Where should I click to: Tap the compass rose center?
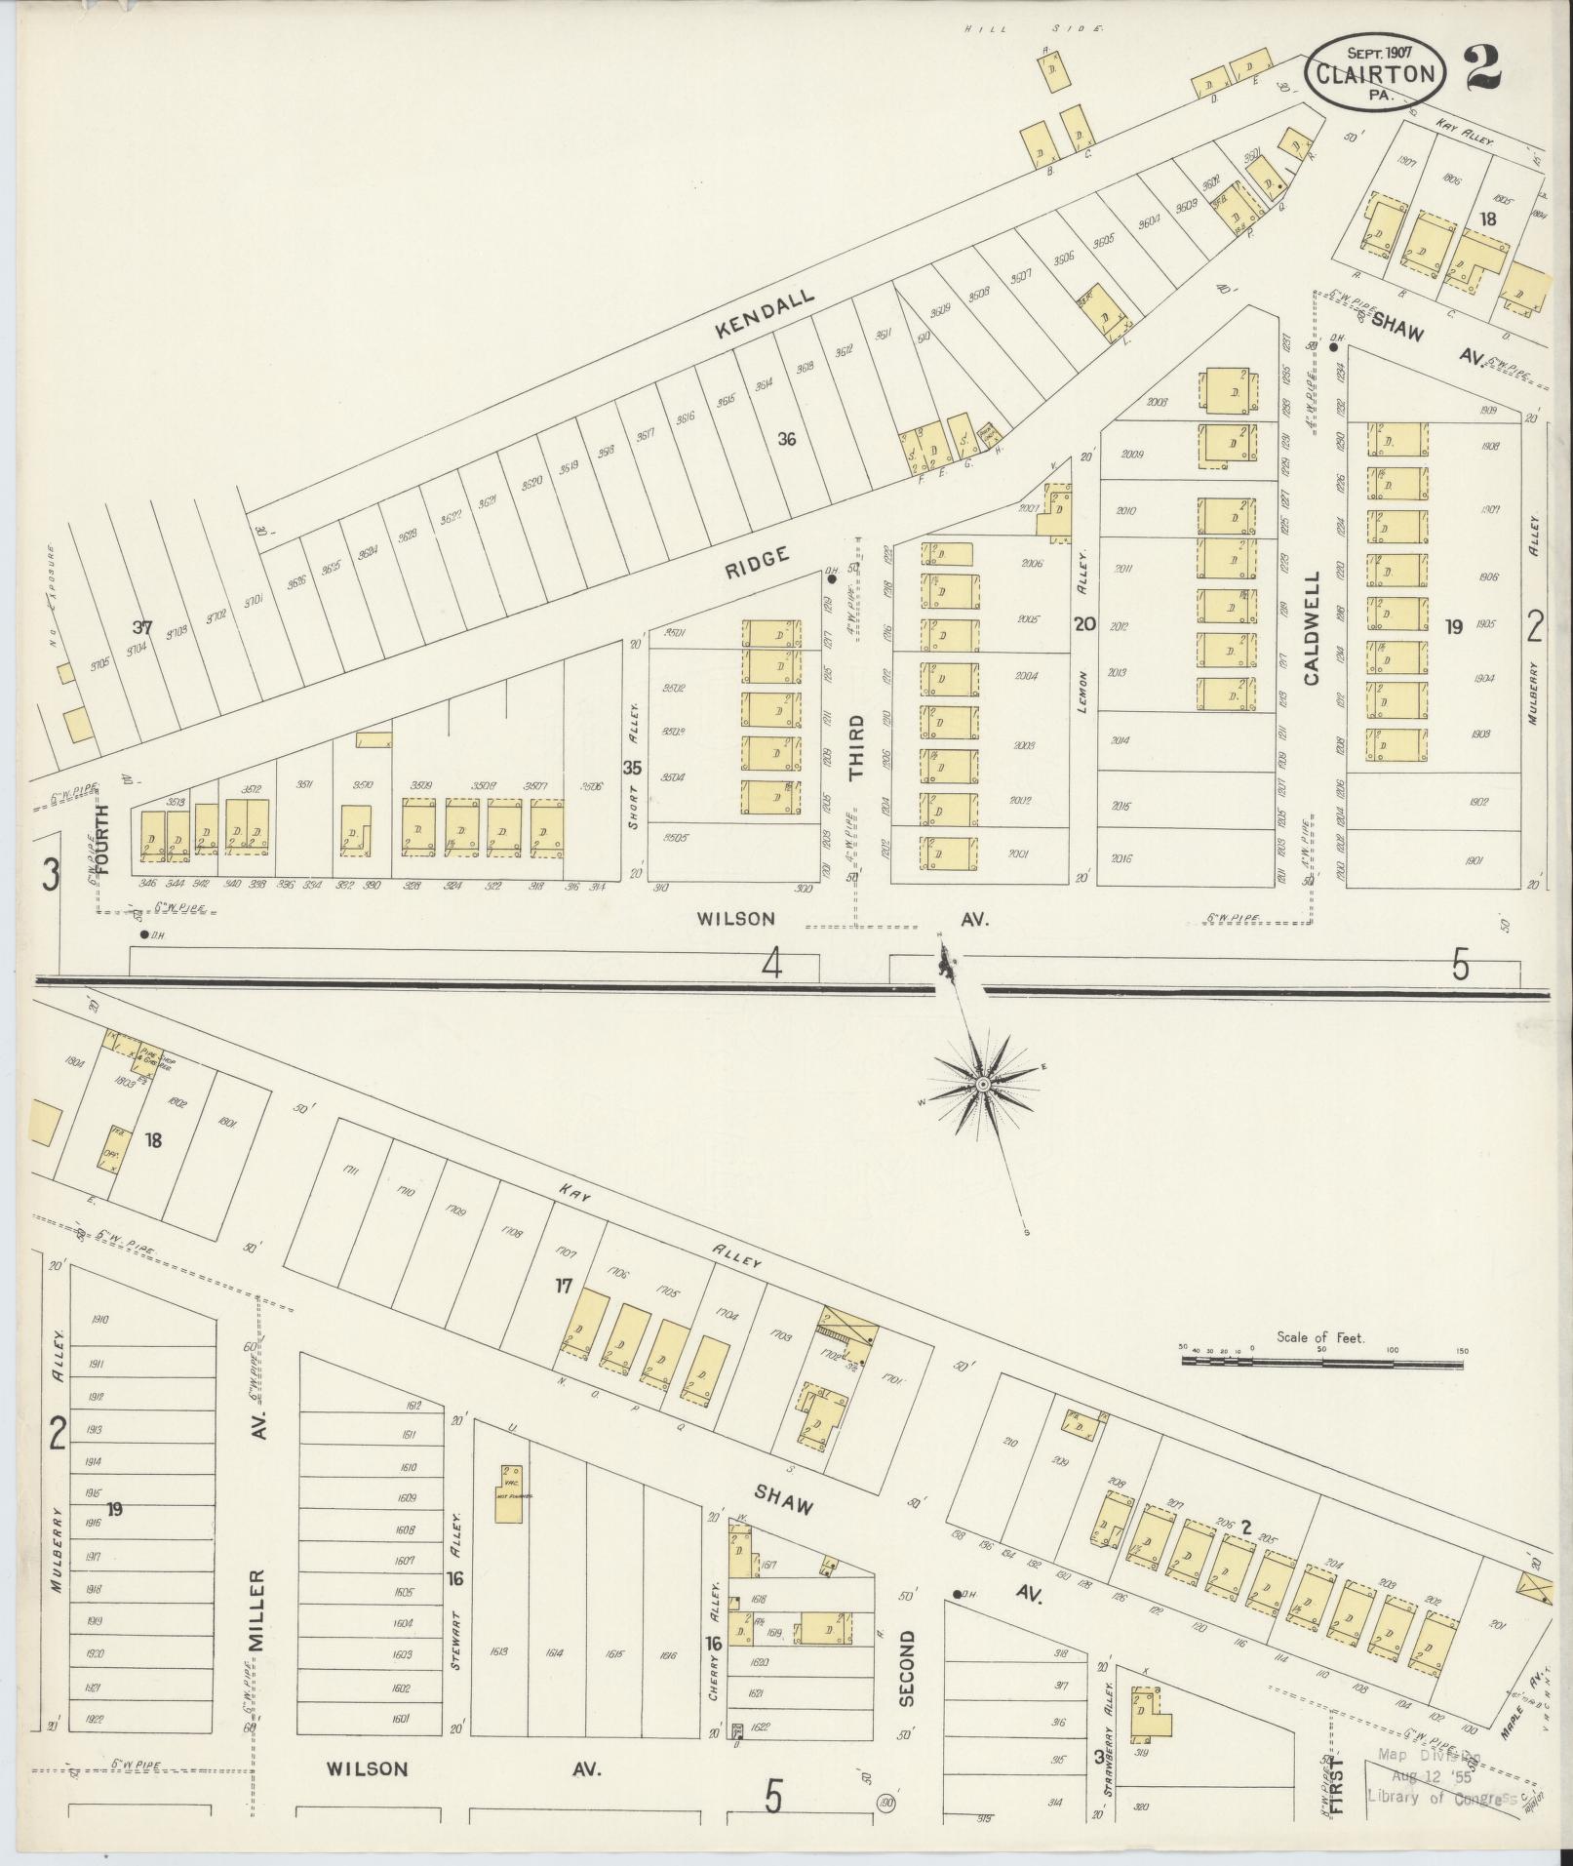[x=983, y=1085]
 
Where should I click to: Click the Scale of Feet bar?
[x=1322, y=1358]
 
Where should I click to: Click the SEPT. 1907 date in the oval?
[x=1375, y=52]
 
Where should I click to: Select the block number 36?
[x=786, y=439]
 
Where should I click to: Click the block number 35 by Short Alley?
[x=633, y=768]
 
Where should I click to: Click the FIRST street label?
[x=1337, y=1785]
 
